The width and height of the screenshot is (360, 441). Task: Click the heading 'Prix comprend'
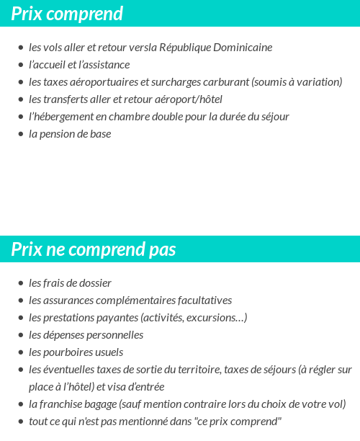click(x=67, y=14)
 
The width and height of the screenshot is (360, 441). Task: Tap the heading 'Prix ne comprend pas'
click(x=94, y=249)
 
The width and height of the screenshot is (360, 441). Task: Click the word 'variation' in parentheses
click(x=318, y=82)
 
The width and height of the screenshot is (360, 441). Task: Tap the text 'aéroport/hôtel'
click(x=189, y=99)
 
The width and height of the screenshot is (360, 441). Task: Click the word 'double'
click(x=167, y=117)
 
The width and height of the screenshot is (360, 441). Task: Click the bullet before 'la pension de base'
click(x=21, y=134)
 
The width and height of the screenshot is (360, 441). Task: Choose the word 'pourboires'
click(x=69, y=352)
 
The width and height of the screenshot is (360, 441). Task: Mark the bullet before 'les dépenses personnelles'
click(x=21, y=335)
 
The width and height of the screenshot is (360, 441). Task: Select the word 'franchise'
click(x=60, y=404)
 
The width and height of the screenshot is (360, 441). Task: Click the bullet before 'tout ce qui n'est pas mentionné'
click(x=21, y=422)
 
